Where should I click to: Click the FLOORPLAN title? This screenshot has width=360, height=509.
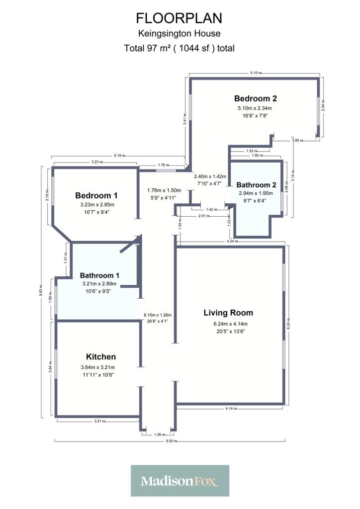point(179,18)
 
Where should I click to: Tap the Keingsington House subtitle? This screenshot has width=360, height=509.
point(179,33)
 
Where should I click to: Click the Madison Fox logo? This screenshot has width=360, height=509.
point(180,481)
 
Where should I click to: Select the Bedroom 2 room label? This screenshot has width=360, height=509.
point(256,98)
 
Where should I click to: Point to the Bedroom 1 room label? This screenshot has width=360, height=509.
point(96,195)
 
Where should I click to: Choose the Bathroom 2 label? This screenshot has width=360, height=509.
point(256,185)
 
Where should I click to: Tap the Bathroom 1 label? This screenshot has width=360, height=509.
point(99,275)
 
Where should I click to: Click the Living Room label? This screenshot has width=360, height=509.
point(228,313)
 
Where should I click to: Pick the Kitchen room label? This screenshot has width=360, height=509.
point(100,357)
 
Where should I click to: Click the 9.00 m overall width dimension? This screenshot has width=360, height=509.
point(172,441)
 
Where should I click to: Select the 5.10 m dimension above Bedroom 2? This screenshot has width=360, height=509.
point(256,73)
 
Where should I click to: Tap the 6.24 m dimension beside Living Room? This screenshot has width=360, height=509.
point(288,324)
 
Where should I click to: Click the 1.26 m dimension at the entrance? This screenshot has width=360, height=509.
point(160,434)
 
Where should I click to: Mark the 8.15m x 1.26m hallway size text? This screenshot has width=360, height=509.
point(158,315)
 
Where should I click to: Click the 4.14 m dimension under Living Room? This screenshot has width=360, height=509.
point(231,409)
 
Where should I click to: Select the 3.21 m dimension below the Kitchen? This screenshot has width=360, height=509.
point(99,422)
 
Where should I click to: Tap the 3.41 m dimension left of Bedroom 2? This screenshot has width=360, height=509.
point(184,121)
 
